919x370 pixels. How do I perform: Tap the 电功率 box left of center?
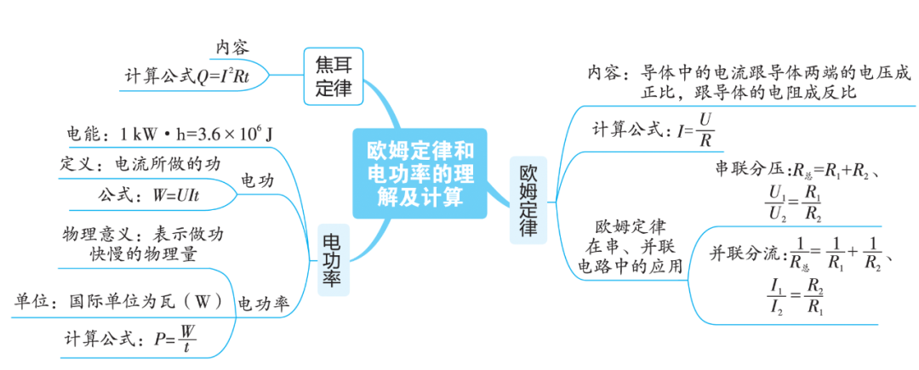(333, 260)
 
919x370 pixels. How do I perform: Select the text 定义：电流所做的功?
(140, 164)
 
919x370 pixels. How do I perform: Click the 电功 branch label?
(258, 181)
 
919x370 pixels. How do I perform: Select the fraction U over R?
(704, 130)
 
